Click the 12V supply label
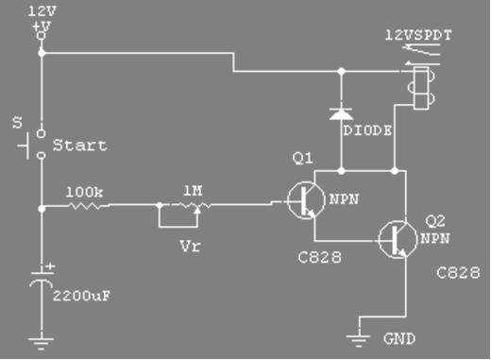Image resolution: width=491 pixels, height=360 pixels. click(42, 11)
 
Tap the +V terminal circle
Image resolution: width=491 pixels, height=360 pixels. click(41, 36)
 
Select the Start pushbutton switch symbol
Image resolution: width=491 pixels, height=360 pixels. click(32, 145)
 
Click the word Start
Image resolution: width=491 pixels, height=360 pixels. click(80, 146)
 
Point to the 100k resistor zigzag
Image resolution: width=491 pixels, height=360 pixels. click(89, 206)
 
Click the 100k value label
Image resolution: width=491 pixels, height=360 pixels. click(84, 192)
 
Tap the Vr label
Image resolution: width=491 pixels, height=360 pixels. click(190, 246)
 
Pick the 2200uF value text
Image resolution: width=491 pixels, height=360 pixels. click(81, 296)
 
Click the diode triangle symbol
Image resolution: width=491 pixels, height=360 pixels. click(341, 113)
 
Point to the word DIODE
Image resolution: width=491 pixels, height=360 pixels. click(367, 130)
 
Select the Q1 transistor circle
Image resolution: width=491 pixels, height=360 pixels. click(306, 200)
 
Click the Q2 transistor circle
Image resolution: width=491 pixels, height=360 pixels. click(398, 240)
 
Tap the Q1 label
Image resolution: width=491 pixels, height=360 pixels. click(303, 158)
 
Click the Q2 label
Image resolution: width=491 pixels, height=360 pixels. click(435, 221)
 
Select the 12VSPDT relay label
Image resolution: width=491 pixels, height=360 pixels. click(418, 35)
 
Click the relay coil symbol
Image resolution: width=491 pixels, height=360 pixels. click(422, 88)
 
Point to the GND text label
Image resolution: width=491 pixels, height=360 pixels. click(399, 339)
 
